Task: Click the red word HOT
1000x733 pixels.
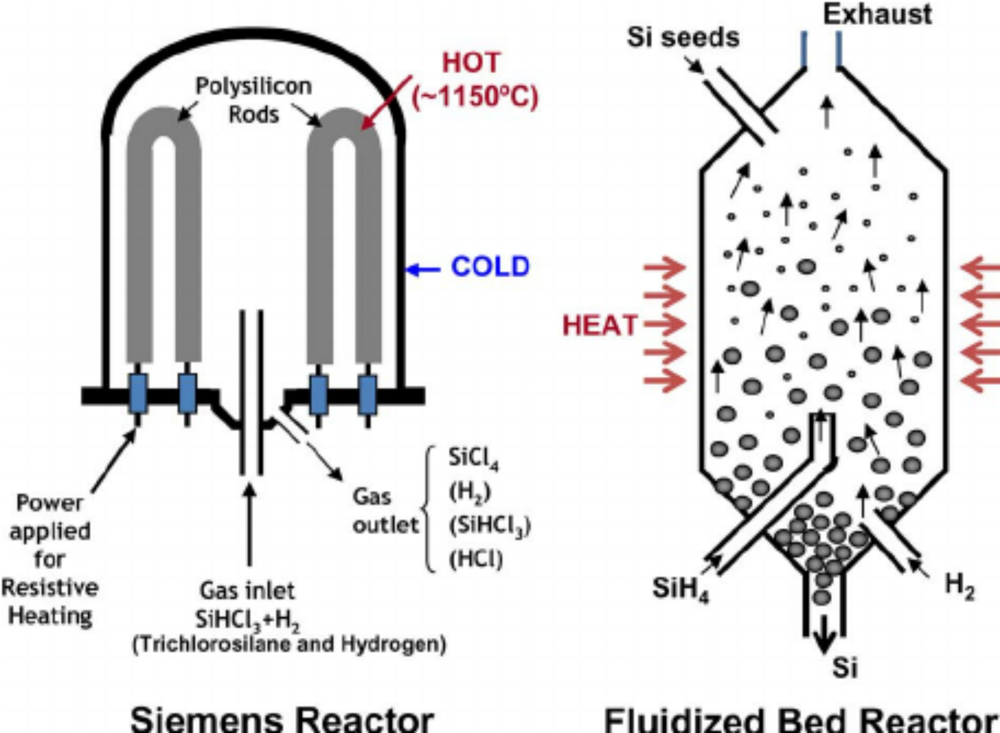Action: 471,63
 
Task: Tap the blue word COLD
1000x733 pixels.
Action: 491,267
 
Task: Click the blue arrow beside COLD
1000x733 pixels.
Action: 423,269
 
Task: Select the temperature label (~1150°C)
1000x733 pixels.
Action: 474,97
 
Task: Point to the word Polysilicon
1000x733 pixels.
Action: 253,86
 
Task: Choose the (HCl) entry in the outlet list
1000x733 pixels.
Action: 476,560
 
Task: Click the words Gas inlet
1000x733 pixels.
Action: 247,591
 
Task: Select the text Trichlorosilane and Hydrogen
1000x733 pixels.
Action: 289,644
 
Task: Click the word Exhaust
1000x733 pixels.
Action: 877,14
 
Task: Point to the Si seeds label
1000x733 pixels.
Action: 682,37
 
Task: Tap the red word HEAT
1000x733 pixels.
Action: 599,325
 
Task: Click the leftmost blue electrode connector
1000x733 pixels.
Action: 138,393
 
